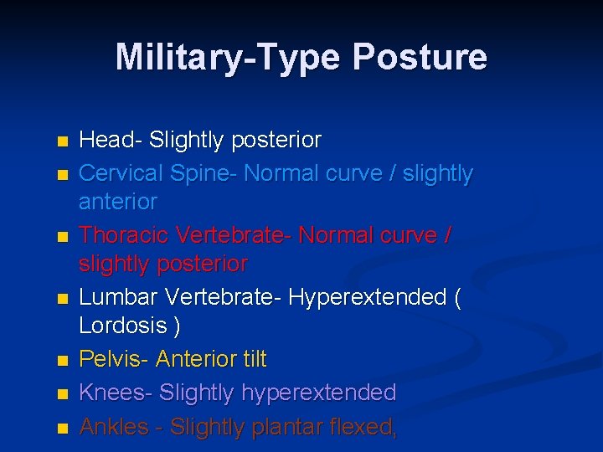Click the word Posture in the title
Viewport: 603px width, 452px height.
click(x=420, y=58)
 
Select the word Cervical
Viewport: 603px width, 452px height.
click(x=121, y=173)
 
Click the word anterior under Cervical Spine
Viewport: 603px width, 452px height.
click(x=118, y=202)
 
